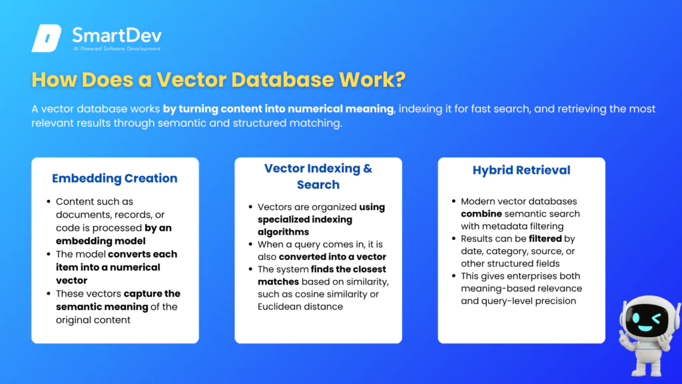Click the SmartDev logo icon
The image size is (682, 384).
[x=46, y=38]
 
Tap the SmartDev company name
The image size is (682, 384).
[x=117, y=35]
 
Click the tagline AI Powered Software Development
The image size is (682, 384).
[x=117, y=49]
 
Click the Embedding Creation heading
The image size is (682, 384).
[x=115, y=178]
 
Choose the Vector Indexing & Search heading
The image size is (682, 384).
[x=318, y=176]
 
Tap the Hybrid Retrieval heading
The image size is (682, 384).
[x=521, y=170]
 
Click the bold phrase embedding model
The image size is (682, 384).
[x=101, y=241]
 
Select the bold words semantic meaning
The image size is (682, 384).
[x=102, y=307]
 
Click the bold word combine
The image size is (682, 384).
[x=482, y=214]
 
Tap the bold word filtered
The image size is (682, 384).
[x=545, y=239]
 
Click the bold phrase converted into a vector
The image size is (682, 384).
[x=332, y=257]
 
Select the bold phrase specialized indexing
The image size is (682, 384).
[x=305, y=219]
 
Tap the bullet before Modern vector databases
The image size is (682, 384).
[x=454, y=201]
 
